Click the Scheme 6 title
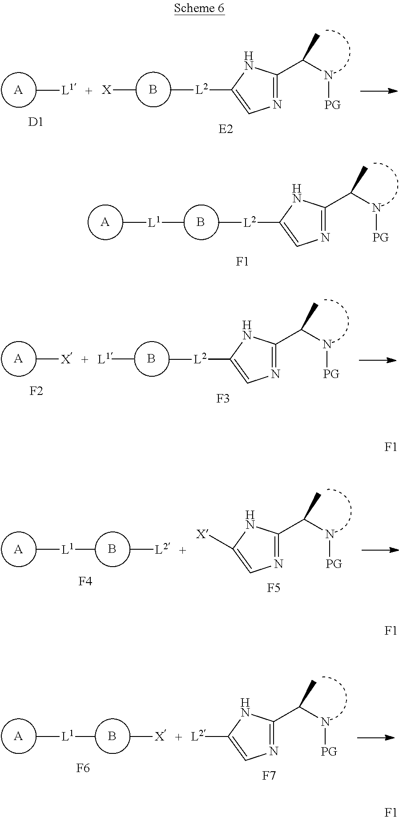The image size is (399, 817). coord(199,8)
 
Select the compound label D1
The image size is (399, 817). coord(36,122)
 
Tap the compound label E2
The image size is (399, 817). coord(225,129)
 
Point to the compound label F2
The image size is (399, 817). coord(36,391)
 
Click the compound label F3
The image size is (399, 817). coord(223,398)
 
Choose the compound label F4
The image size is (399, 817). coord(85,581)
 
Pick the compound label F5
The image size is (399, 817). coord(274,588)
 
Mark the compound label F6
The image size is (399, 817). coord(83,768)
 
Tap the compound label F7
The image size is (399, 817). coord(269,776)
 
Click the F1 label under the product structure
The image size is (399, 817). coord(242,262)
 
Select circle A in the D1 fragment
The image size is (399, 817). coord(18,90)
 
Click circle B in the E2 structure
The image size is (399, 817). coord(153,90)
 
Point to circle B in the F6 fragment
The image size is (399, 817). coord(112,737)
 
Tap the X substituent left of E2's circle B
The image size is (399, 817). coord(106,90)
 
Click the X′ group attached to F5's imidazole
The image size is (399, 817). coord(203,534)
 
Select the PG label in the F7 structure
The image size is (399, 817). coord(329,752)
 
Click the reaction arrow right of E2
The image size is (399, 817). coord(379,91)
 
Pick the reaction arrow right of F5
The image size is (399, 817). coord(380,550)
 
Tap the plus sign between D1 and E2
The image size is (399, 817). coord(89,91)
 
